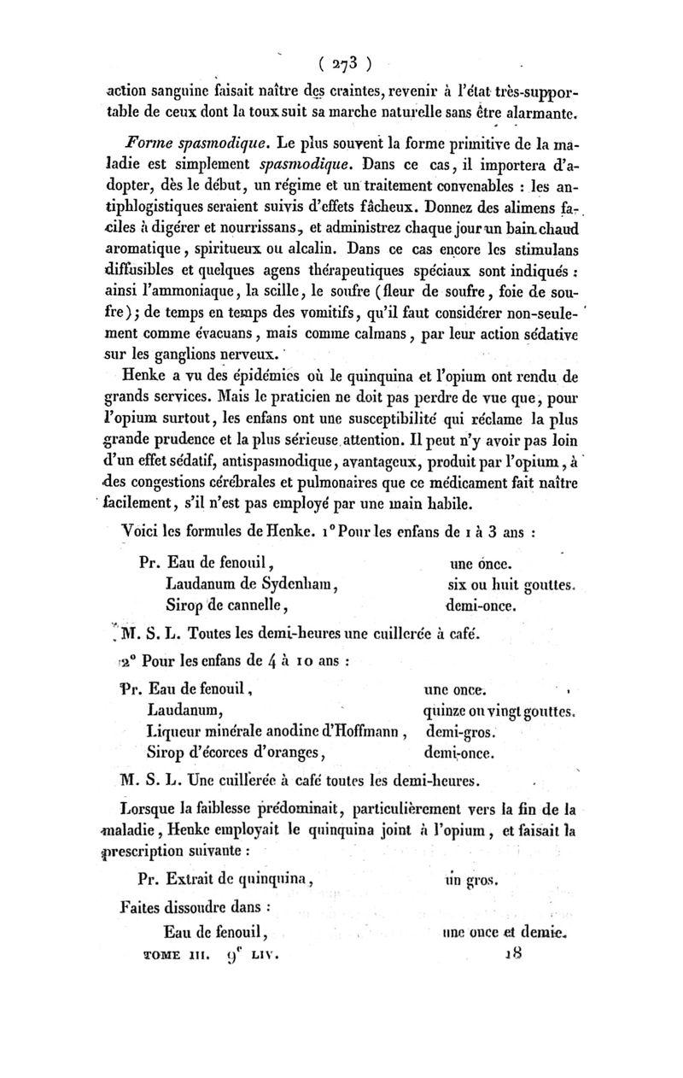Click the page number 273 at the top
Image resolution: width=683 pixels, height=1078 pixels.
342,62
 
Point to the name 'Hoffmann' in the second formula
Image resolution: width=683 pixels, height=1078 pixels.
362,729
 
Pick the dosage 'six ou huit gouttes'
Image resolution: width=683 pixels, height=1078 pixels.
512,584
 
